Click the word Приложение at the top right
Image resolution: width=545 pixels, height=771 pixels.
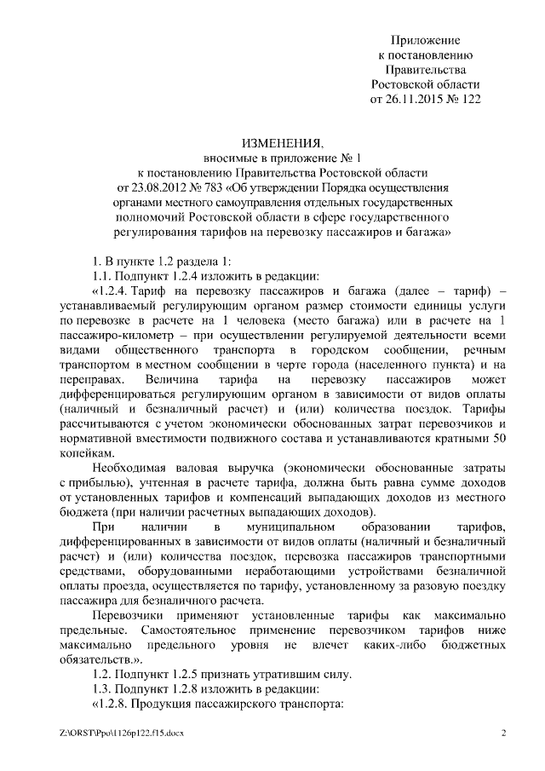(425, 40)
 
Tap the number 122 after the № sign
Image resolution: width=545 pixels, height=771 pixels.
(468, 100)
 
